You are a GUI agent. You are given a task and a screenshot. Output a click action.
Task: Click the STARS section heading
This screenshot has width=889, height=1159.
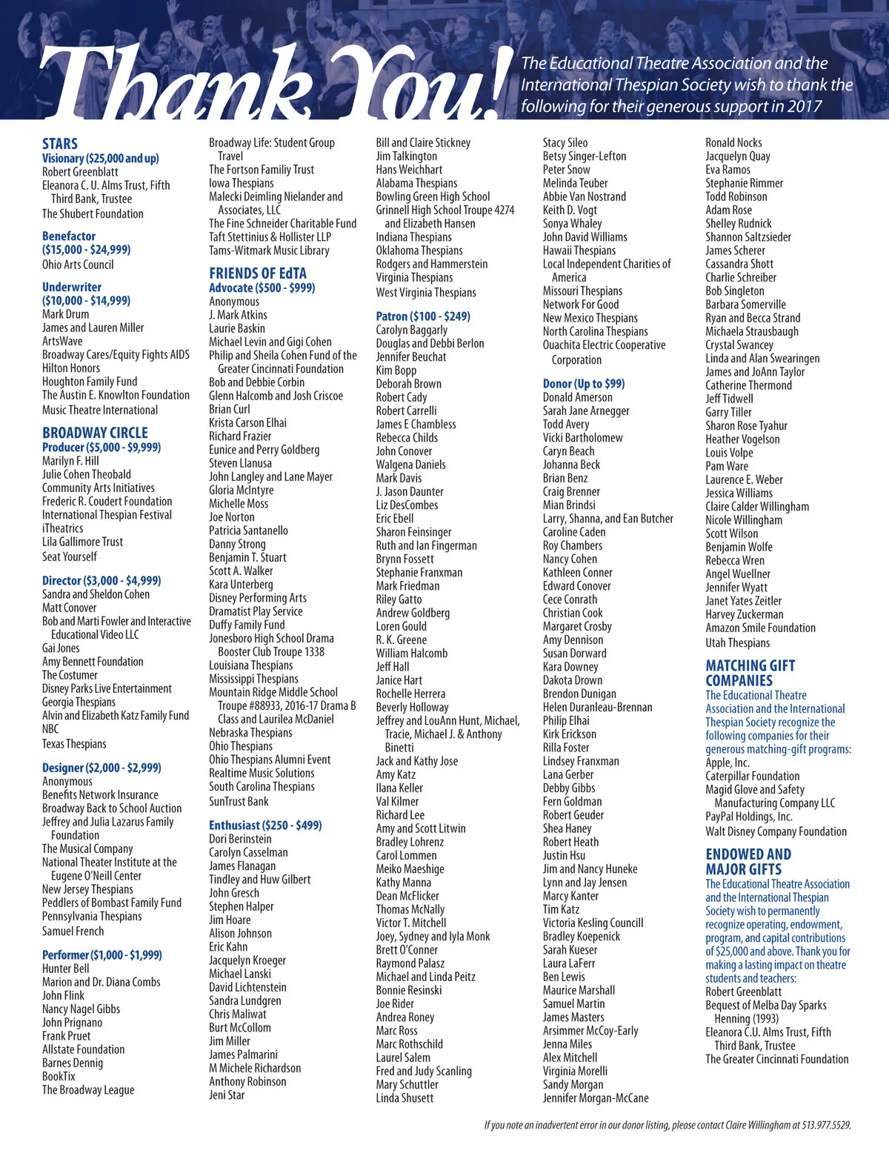coord(60,144)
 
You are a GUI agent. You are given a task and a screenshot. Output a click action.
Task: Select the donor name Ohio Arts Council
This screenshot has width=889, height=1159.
coord(78,265)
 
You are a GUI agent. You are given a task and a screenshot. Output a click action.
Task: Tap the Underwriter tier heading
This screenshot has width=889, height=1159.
coord(72,287)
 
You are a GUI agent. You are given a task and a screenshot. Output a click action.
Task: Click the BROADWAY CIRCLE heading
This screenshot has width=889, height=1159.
coord(95,433)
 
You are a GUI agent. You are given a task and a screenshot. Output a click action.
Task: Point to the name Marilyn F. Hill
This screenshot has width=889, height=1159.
coord(70,461)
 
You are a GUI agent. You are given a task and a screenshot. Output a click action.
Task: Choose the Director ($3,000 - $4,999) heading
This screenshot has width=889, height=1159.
coord(101,580)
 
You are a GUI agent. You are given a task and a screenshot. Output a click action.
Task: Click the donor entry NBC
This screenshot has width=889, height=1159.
coord(50,729)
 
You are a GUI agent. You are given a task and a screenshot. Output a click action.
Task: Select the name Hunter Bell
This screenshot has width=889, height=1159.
coord(66,969)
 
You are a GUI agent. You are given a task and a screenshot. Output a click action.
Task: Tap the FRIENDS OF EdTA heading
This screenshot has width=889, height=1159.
coord(258,273)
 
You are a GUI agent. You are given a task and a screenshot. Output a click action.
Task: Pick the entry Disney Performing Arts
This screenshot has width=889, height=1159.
coord(258,598)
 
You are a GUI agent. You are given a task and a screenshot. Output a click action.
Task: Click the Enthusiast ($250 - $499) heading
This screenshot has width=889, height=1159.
coord(265,825)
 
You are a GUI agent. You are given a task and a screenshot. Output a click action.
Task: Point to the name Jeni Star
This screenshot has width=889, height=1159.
coord(227,1095)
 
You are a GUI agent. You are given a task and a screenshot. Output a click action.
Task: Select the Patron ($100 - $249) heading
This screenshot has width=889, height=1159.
coord(423,316)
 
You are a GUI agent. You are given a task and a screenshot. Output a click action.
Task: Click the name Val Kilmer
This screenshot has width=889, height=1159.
coord(397,801)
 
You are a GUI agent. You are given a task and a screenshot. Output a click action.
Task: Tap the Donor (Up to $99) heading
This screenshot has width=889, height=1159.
coord(584,383)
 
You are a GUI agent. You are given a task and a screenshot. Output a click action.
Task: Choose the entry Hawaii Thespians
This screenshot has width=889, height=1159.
coord(579,250)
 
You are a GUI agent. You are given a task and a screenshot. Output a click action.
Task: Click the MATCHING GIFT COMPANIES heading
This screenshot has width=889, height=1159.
coord(750,673)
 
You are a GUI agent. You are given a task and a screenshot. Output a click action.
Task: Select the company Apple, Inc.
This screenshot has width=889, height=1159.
coord(727,763)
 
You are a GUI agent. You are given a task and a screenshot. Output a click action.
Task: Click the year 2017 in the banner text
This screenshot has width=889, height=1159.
coord(805,106)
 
